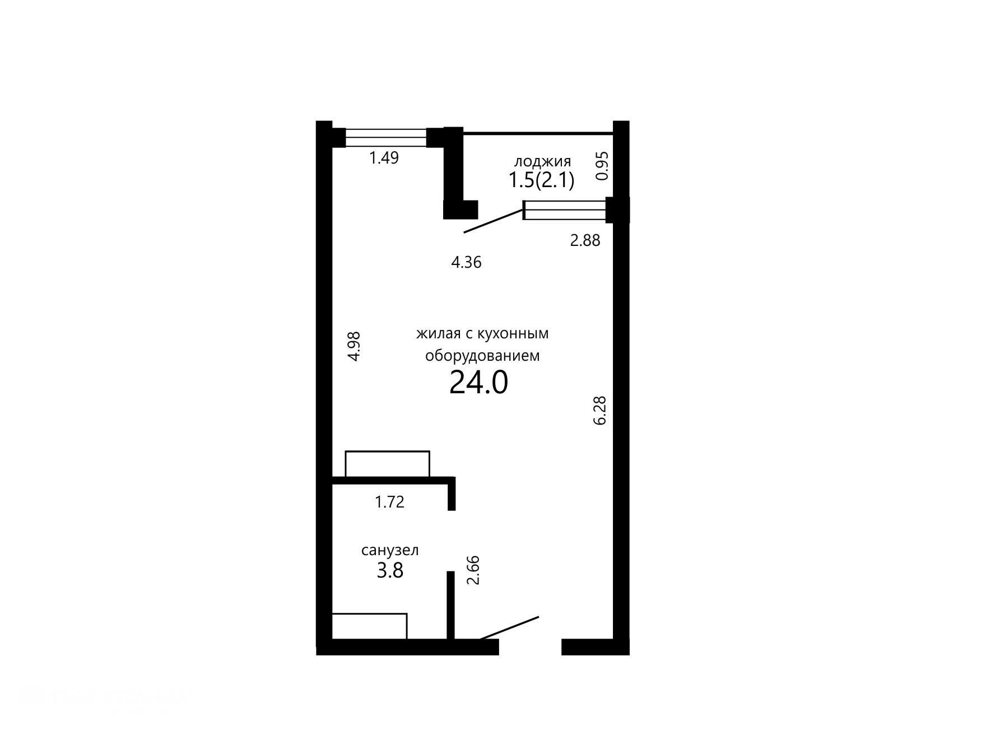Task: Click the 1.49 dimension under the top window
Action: pyautogui.click(x=384, y=158)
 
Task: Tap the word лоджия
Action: pyautogui.click(x=542, y=162)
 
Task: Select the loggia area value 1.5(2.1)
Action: pyautogui.click(x=541, y=180)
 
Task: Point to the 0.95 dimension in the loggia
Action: pyautogui.click(x=602, y=166)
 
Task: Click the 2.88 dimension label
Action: pyautogui.click(x=585, y=240)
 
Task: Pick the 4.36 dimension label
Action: pyautogui.click(x=466, y=262)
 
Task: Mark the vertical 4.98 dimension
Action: pyautogui.click(x=354, y=346)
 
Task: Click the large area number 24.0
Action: pyautogui.click(x=478, y=383)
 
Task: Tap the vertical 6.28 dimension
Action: pyautogui.click(x=600, y=411)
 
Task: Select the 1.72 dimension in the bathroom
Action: pyautogui.click(x=389, y=502)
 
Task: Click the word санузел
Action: pyautogui.click(x=390, y=551)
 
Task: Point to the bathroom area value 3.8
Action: pyautogui.click(x=390, y=571)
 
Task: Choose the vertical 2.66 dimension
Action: pyautogui.click(x=474, y=570)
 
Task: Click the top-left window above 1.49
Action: pyautogui.click(x=386, y=138)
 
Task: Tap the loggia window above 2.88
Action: pyautogui.click(x=565, y=210)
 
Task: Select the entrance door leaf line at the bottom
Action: pyautogui.click(x=508, y=628)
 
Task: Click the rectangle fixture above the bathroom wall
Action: pyautogui.click(x=387, y=464)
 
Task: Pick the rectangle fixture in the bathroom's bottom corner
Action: pyautogui.click(x=369, y=626)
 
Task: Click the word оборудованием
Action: pyautogui.click(x=482, y=356)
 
